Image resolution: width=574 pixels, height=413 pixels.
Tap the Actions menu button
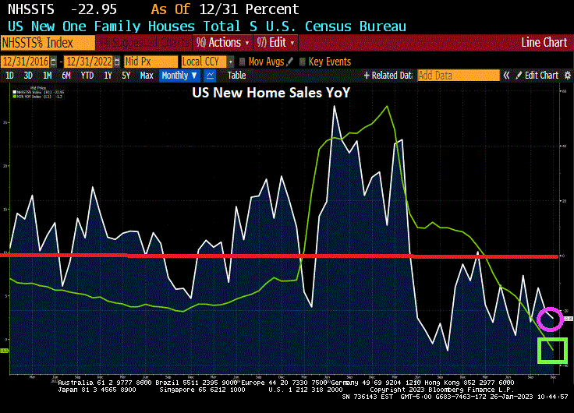[223, 42]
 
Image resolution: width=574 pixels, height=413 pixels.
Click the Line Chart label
[544, 42]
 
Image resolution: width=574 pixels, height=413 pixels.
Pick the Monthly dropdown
[179, 76]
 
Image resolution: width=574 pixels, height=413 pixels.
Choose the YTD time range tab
[87, 76]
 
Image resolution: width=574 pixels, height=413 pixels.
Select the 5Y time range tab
[126, 76]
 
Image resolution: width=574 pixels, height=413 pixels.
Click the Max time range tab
[147, 76]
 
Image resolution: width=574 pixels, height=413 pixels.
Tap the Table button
[236, 76]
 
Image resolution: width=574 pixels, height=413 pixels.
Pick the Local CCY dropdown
[207, 62]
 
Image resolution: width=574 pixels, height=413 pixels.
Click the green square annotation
[552, 351]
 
